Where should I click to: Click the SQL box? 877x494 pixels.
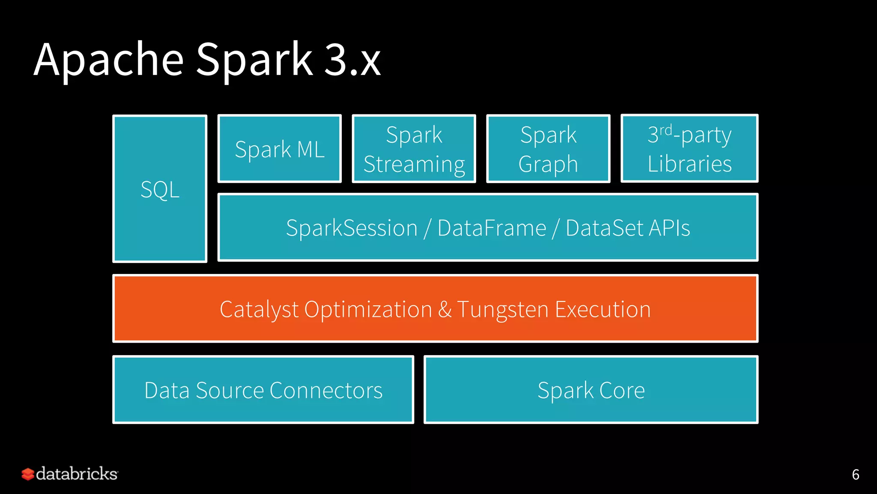(x=160, y=189)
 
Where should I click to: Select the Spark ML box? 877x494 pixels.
(x=280, y=149)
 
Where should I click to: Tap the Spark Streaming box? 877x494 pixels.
(x=414, y=149)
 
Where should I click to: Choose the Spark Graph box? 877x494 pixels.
(x=548, y=149)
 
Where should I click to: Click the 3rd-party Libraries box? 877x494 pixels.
(x=689, y=149)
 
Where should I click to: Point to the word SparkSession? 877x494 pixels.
(x=352, y=228)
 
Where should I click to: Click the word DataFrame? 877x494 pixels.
(x=492, y=228)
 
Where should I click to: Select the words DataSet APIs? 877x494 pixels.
(x=628, y=228)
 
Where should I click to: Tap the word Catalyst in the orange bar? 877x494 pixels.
(x=259, y=309)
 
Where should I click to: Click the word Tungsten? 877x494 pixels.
(x=503, y=309)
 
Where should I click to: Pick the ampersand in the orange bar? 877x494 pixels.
(x=445, y=309)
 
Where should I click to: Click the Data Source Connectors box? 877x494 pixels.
(x=263, y=390)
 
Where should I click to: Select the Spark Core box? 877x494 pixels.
(x=591, y=390)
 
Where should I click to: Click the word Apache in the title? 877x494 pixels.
(x=109, y=60)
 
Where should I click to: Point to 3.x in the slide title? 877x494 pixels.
(x=352, y=60)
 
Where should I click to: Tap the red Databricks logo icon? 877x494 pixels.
(x=28, y=474)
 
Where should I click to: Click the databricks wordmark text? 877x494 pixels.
(x=77, y=474)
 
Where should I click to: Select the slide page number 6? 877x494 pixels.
(x=855, y=475)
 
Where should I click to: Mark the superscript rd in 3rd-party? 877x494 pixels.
(x=665, y=130)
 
